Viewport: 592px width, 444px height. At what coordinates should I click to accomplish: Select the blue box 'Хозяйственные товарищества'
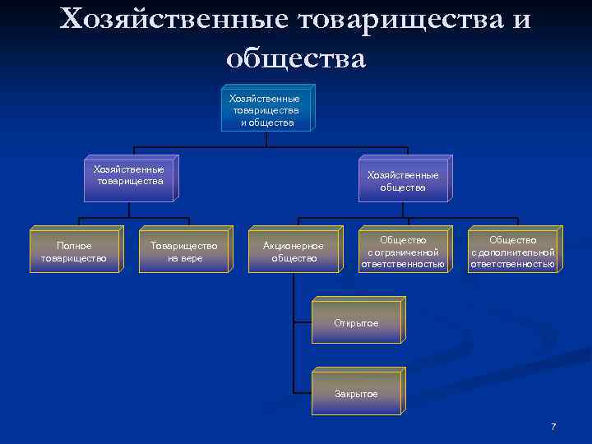point(128,176)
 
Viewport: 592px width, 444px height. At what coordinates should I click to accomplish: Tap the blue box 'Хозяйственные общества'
point(403,181)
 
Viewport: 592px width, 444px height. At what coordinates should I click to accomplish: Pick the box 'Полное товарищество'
point(74,252)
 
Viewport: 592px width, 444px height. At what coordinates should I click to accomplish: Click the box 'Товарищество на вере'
point(184,252)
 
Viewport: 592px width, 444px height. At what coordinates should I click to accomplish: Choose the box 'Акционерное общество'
point(294,252)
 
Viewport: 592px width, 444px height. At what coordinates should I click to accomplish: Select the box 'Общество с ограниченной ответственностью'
point(403,252)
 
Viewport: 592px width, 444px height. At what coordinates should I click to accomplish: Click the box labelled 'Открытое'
point(356,323)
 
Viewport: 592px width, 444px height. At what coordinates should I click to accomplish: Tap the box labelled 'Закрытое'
point(356,394)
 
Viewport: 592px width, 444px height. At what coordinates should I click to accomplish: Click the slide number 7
point(553,427)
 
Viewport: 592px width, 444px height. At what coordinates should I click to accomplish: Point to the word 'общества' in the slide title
point(295,58)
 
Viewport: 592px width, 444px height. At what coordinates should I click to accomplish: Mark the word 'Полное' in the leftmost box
point(74,245)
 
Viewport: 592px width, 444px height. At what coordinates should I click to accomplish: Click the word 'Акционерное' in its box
point(294,246)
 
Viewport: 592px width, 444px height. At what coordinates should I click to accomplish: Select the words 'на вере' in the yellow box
point(184,258)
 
